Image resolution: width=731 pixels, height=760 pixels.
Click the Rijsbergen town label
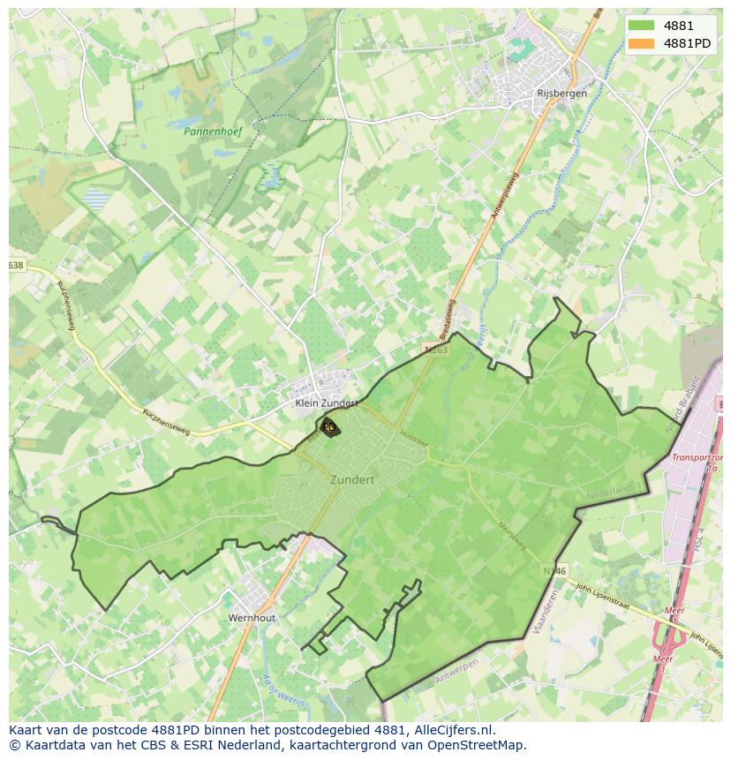561,93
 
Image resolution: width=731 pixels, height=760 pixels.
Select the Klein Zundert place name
326,403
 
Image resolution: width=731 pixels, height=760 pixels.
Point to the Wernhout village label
252,618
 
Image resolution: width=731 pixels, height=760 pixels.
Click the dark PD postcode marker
329,426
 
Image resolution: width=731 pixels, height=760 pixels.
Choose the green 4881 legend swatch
642,26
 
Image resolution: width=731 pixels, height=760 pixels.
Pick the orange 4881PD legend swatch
642,43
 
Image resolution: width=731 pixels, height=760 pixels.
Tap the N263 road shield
436,350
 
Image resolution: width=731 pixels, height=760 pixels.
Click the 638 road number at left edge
16,266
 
